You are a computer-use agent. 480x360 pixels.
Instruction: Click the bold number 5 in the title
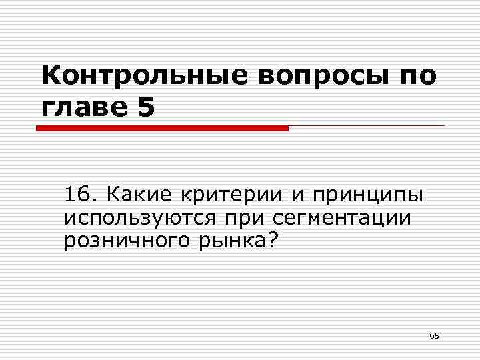(146, 107)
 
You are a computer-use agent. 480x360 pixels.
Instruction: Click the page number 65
(434, 335)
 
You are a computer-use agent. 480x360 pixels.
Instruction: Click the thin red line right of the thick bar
(366, 125)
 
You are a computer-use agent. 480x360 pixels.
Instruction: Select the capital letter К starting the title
(50, 75)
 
